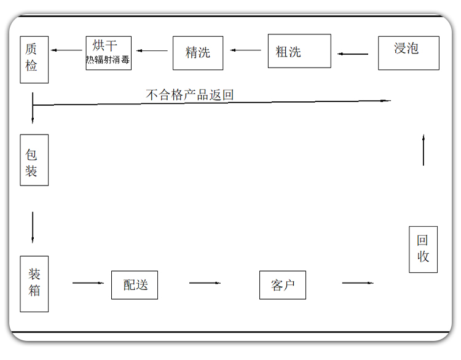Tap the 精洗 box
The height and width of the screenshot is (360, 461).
click(x=197, y=53)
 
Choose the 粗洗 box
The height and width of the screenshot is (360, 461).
click(x=299, y=51)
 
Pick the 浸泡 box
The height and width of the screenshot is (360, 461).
click(x=408, y=52)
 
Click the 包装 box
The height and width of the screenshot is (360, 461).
click(x=34, y=160)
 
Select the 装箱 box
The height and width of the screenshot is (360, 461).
click(x=34, y=283)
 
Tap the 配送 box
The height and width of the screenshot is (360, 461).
click(x=134, y=285)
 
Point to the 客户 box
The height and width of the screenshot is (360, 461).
click(x=282, y=285)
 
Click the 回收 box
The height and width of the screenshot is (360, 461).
click(x=423, y=249)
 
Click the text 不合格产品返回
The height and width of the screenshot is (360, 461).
click(x=189, y=95)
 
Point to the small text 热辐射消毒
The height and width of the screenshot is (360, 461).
click(x=108, y=61)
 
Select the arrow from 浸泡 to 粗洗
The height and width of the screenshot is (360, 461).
click(x=353, y=54)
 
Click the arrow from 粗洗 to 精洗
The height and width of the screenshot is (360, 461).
click(x=246, y=50)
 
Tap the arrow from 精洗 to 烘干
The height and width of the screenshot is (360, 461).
click(x=152, y=51)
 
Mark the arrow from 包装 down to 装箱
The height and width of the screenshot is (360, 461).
click(x=33, y=227)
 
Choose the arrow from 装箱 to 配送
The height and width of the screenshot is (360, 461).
click(x=89, y=283)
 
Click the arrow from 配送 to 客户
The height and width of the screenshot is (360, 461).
click(x=205, y=283)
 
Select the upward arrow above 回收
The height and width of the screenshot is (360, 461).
click(x=424, y=150)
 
